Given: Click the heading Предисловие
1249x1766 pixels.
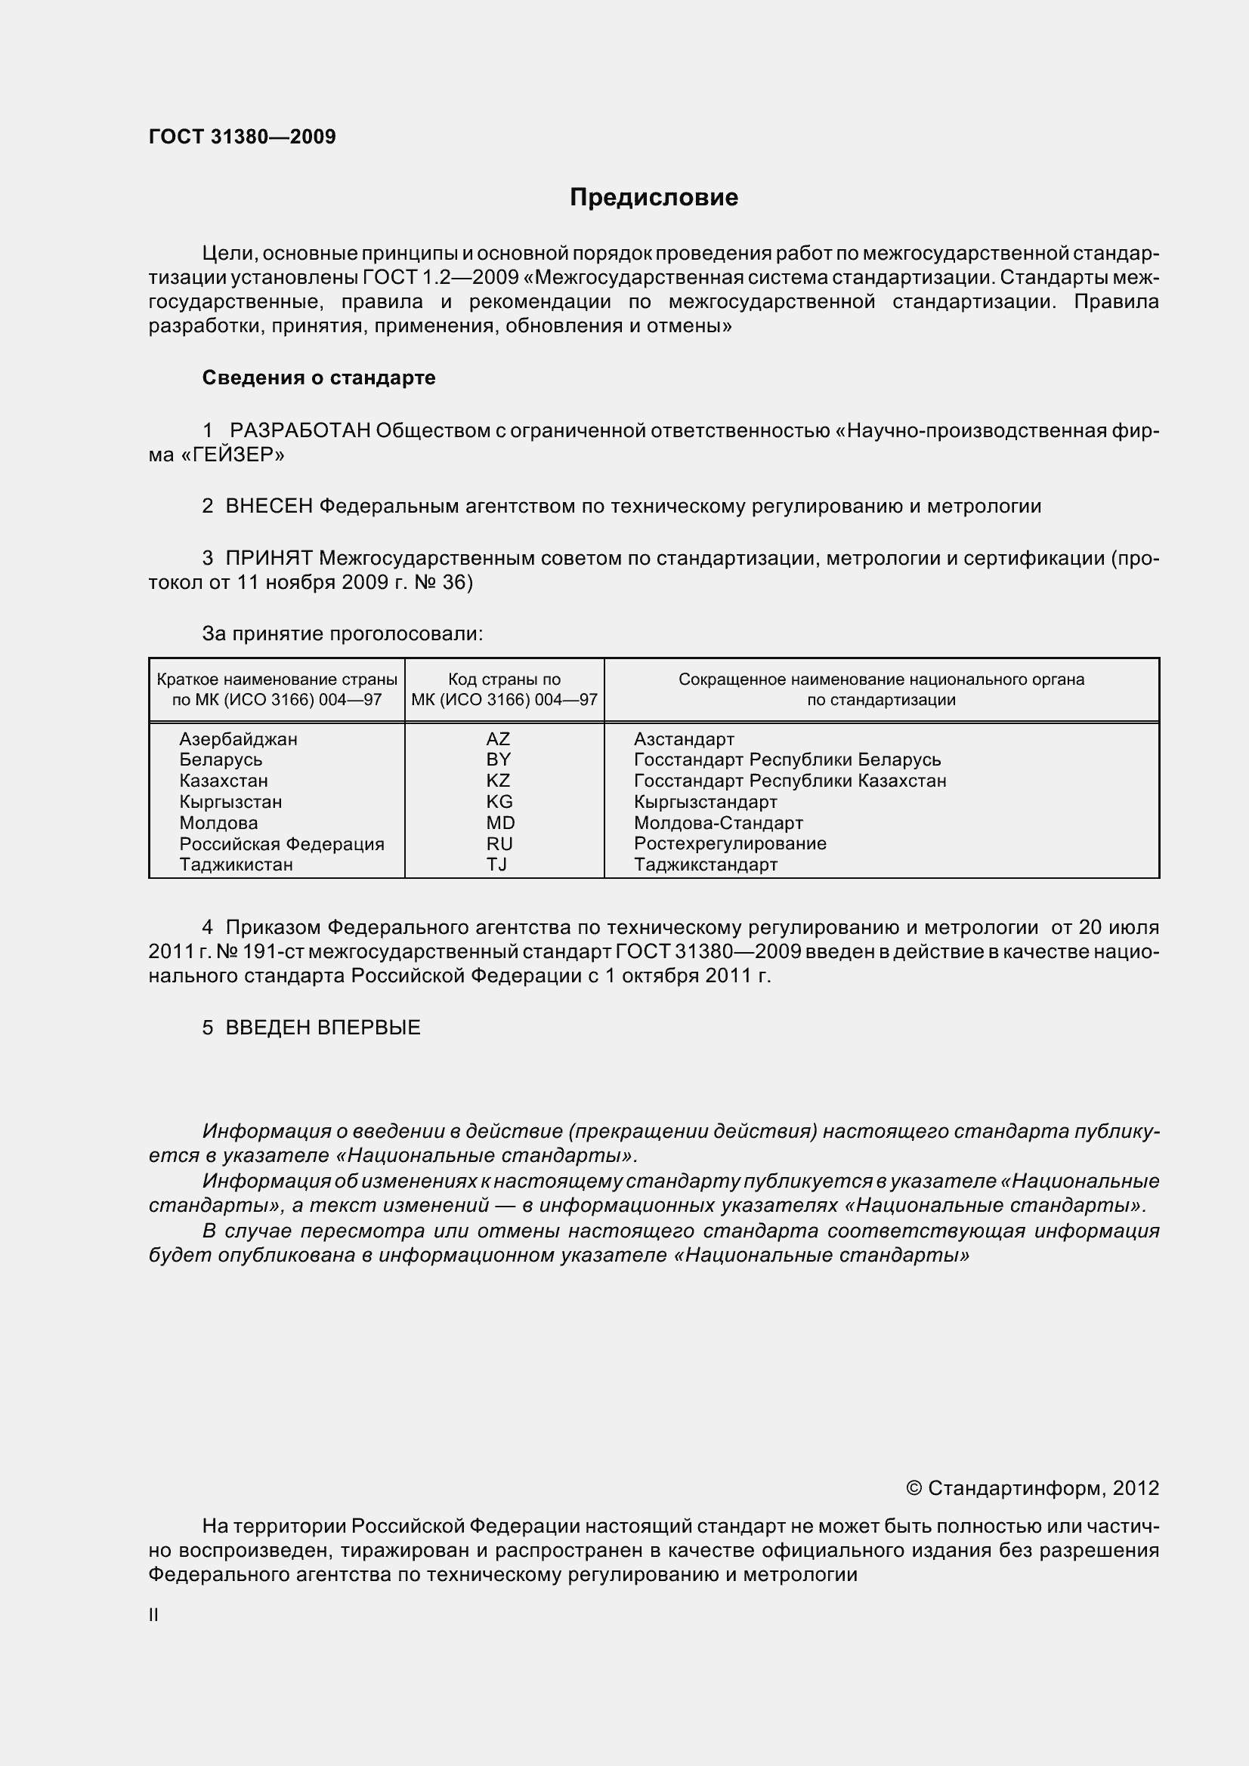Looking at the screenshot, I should pos(654,198).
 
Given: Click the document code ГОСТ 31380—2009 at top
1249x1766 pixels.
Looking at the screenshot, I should pos(242,137).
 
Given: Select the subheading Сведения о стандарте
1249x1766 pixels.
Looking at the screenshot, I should pos(319,378).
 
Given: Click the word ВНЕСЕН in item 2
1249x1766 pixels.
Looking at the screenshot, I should pos(268,506).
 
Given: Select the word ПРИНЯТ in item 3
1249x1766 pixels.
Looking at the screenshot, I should pos(268,558).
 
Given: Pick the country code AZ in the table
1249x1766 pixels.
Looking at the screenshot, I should pos(498,739).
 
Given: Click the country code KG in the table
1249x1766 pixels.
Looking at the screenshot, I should pos(499,802).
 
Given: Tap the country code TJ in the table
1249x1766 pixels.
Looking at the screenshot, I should pos(496,865).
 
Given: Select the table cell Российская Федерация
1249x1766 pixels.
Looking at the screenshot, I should pos(282,844).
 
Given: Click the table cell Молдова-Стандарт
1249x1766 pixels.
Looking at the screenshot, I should pos(718,823).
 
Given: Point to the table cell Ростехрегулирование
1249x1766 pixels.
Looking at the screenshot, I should pos(730,844).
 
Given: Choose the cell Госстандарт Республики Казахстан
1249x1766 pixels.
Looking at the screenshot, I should pos(790,781).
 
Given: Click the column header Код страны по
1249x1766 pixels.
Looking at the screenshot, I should pos(504,680).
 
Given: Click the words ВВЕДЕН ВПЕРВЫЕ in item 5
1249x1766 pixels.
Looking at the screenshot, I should pos(323,1028).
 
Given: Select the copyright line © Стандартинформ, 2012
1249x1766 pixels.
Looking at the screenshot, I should pos(1032,1488).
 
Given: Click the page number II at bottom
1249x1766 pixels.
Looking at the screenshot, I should pos(153,1615).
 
